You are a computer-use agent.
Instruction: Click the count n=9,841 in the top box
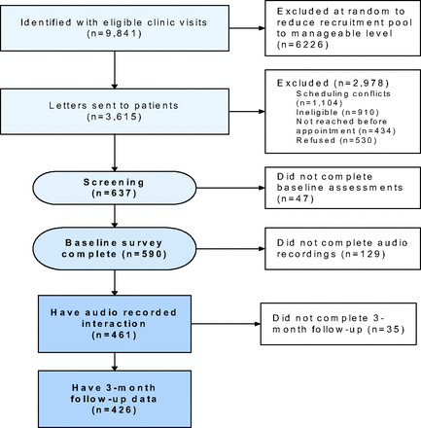(x=115, y=34)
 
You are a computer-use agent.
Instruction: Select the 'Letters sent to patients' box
(x=115, y=112)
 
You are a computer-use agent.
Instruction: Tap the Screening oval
(x=115, y=188)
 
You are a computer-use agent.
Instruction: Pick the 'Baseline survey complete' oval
(x=115, y=249)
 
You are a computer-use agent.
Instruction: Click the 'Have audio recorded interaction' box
(x=115, y=324)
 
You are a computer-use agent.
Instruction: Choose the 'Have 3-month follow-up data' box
(x=115, y=399)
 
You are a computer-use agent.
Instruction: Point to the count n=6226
(x=302, y=45)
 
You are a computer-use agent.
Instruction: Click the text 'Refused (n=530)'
(x=336, y=140)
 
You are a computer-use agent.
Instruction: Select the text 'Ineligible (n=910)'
(x=337, y=112)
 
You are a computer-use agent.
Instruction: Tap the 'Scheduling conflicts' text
(x=343, y=93)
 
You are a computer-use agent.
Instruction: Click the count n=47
(x=296, y=198)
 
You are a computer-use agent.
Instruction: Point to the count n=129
(x=364, y=254)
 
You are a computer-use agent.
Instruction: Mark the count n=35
(x=386, y=330)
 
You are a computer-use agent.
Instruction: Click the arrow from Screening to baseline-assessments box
(x=230, y=188)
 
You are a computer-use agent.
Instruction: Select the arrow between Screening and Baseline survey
(x=115, y=216)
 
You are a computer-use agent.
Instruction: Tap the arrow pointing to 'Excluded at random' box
(x=247, y=28)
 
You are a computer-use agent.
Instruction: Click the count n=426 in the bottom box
(x=115, y=410)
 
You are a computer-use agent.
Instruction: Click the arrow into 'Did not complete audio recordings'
(x=230, y=249)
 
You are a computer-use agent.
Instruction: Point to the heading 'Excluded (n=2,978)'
(x=333, y=84)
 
